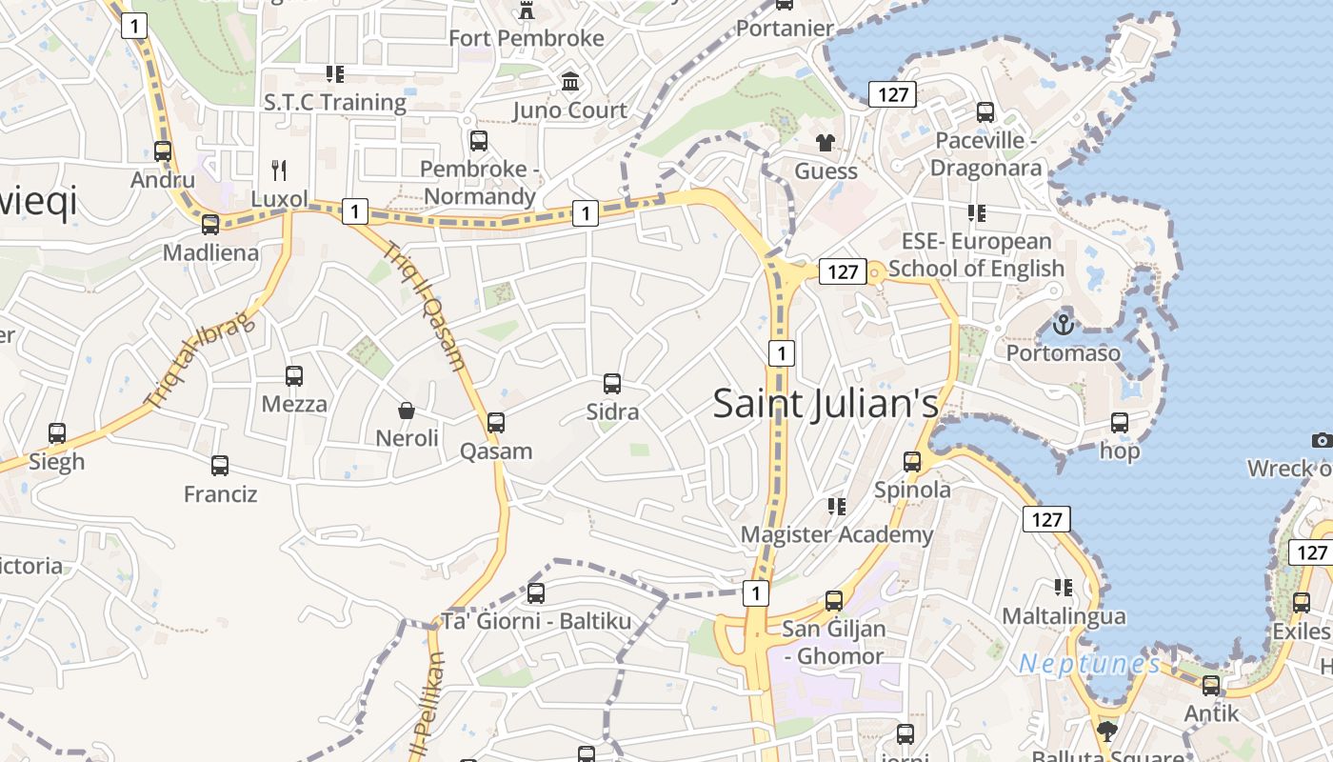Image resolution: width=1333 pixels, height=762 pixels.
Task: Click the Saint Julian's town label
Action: click(x=826, y=404)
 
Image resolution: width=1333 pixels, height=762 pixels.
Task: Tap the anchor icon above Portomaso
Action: click(x=1063, y=325)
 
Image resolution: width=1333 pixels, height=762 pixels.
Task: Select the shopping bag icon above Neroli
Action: click(x=407, y=411)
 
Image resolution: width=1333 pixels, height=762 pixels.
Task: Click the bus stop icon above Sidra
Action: click(x=612, y=384)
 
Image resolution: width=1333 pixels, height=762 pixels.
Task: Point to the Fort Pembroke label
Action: click(x=526, y=38)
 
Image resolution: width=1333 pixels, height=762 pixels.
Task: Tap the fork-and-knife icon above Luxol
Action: click(x=279, y=170)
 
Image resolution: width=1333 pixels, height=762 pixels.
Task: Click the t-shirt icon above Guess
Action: click(x=826, y=143)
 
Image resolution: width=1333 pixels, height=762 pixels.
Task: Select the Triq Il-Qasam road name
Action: click(x=425, y=306)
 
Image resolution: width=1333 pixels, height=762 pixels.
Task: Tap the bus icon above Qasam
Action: click(x=496, y=422)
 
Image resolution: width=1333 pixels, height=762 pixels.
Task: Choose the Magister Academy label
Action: click(x=837, y=534)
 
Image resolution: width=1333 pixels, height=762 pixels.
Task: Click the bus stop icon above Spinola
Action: click(x=912, y=462)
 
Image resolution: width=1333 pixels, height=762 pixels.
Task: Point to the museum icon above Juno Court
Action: click(x=570, y=82)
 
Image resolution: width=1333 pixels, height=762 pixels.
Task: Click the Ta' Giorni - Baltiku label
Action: click(x=535, y=622)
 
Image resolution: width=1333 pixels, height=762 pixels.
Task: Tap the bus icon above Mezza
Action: click(x=294, y=376)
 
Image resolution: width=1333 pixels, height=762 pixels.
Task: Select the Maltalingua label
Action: click(x=1064, y=616)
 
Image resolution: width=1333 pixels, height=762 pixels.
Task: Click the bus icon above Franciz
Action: click(x=220, y=466)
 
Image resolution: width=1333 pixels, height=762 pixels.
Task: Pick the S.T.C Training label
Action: click(x=335, y=102)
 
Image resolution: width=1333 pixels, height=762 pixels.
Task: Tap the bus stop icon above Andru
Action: click(x=163, y=150)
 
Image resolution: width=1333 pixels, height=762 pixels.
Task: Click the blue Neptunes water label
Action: click(x=1089, y=664)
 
